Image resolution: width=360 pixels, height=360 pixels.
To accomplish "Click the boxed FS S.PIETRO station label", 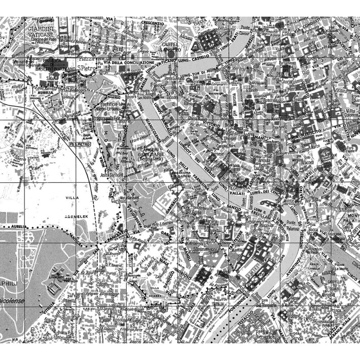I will tap(81, 144).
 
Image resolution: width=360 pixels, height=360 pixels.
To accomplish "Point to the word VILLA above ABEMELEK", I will tap(72, 198).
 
